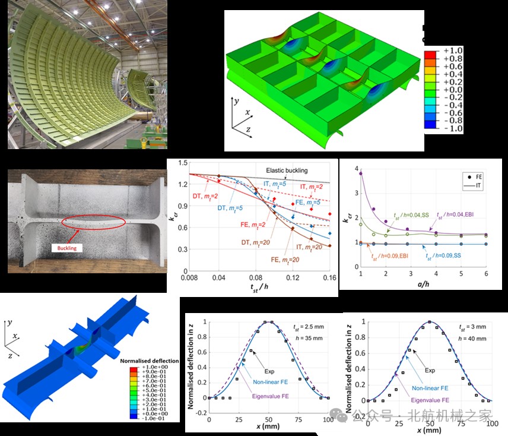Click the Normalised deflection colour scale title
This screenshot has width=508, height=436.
click(148, 361)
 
